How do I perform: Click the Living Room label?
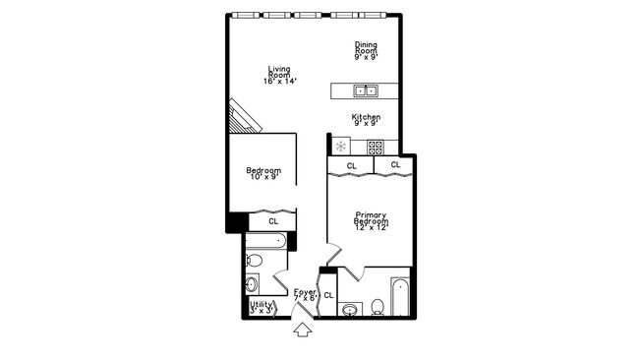point(281,75)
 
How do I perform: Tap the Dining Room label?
point(367,50)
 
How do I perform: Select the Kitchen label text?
point(366,120)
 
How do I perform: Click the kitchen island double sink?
point(366,91)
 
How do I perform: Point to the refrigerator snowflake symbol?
point(341,147)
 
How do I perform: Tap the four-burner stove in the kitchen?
point(375,147)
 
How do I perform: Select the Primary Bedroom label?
point(371,221)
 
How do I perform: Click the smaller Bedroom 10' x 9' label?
point(262,174)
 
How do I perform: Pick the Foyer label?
point(306,295)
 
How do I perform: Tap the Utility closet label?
point(261,308)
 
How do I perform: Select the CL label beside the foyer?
point(329,295)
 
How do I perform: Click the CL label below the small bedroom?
point(272,221)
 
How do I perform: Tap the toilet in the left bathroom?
point(254,261)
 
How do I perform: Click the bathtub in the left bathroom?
point(266,241)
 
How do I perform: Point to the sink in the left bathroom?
point(252,285)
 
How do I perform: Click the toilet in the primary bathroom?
point(378,306)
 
